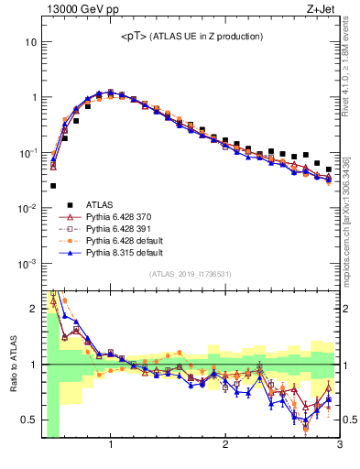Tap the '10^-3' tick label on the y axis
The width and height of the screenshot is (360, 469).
click(x=28, y=263)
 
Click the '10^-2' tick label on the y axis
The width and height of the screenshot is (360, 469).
click(x=28, y=208)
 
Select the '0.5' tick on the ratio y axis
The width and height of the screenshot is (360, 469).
click(x=29, y=420)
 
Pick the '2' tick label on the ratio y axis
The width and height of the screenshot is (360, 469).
click(x=34, y=309)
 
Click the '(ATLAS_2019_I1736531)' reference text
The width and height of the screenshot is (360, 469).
click(x=191, y=274)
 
